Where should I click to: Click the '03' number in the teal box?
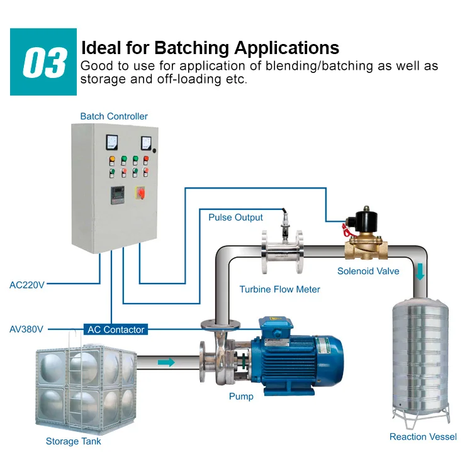tap(43, 62)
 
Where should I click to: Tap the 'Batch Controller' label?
tap(114, 116)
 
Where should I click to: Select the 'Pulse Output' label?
tap(236, 218)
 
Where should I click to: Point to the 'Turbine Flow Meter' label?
tap(279, 289)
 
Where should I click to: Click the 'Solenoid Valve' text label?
tap(368, 272)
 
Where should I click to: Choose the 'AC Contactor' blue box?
tap(116, 329)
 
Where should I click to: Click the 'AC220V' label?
tap(28, 284)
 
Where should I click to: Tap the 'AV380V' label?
tap(28, 329)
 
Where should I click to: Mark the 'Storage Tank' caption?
tap(73, 441)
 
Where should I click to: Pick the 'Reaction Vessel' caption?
tap(423, 437)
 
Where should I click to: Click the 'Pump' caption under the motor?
tap(241, 396)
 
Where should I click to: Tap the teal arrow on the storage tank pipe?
tap(167, 362)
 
